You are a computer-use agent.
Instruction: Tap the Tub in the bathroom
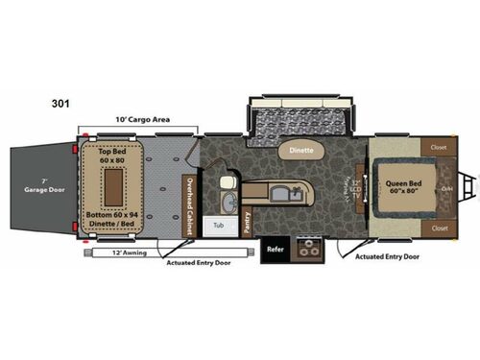click(x=220, y=225)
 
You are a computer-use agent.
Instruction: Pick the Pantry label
click(x=248, y=222)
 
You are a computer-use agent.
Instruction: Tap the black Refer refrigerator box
click(x=274, y=248)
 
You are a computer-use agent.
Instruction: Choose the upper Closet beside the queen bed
click(x=439, y=149)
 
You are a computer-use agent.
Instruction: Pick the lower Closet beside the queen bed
click(x=439, y=228)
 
